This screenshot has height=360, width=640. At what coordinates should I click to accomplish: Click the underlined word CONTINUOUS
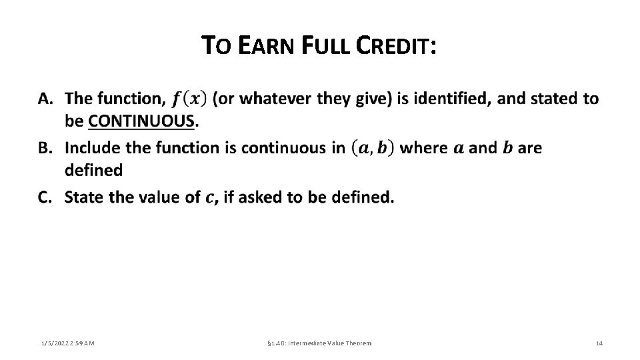[x=141, y=121]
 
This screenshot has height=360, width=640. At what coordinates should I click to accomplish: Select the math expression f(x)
[x=189, y=99]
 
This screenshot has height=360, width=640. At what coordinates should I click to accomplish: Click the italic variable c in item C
[x=211, y=198]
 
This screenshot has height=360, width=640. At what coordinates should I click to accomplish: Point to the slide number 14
[x=599, y=343]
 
